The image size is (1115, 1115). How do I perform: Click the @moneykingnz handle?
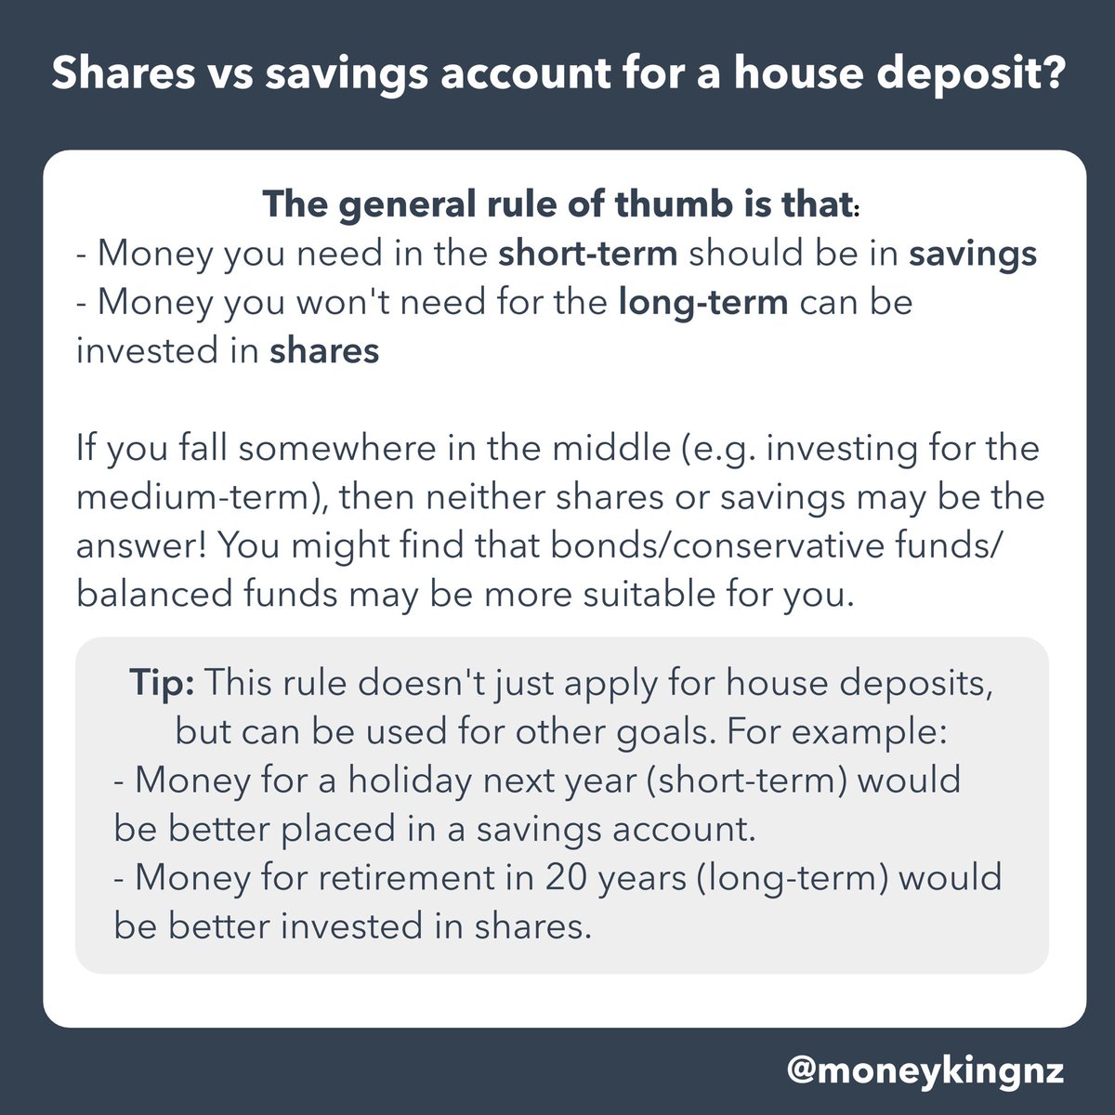(x=925, y=1070)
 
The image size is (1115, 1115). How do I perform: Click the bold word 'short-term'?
(x=587, y=254)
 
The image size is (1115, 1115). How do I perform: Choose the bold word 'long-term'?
(x=703, y=303)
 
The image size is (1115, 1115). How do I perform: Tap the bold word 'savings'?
(x=973, y=254)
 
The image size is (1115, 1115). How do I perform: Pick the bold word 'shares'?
(x=324, y=352)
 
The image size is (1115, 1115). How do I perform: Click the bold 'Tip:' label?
(x=161, y=685)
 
